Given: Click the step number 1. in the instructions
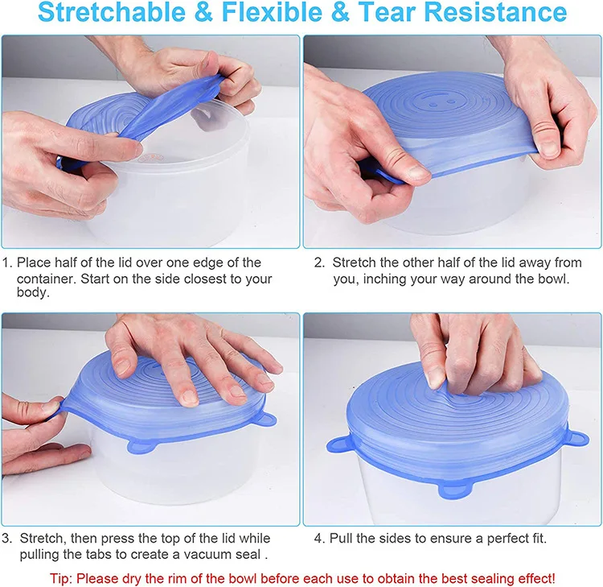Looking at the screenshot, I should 7,262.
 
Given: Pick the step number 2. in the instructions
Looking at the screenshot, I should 319,262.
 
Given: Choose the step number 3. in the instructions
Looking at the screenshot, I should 7,538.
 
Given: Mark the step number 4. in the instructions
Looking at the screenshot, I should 319,538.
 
